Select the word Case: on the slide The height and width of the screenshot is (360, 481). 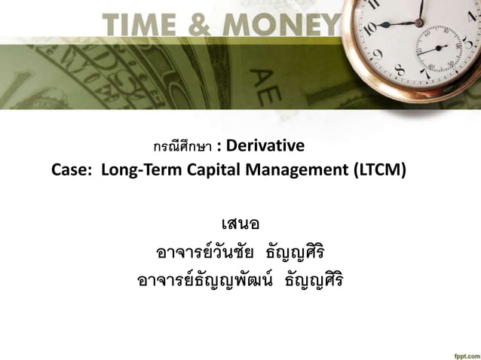pyautogui.click(x=72, y=169)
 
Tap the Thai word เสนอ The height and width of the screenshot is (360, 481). pyautogui.click(x=240, y=224)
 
